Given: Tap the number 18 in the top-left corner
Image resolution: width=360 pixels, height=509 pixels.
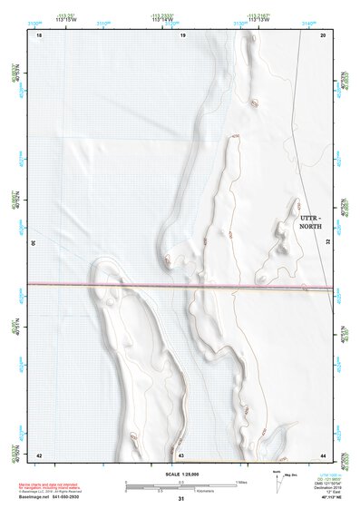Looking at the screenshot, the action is click(x=39, y=34).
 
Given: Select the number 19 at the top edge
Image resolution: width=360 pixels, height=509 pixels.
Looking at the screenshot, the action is click(x=182, y=34).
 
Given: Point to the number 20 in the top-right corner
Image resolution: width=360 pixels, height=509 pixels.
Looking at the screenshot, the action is click(x=324, y=34).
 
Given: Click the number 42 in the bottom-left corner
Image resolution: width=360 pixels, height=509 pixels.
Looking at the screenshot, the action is click(x=39, y=454).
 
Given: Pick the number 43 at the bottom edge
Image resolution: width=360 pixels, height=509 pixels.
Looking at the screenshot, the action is click(x=181, y=454).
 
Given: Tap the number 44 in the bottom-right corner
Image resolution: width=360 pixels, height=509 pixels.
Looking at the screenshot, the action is click(x=324, y=454).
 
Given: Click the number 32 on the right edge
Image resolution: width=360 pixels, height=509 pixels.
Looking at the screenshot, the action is click(x=328, y=243).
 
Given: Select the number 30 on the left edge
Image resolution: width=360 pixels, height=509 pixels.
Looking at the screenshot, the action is click(x=34, y=243).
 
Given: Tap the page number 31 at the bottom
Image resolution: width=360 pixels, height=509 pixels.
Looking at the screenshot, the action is click(x=181, y=498).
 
